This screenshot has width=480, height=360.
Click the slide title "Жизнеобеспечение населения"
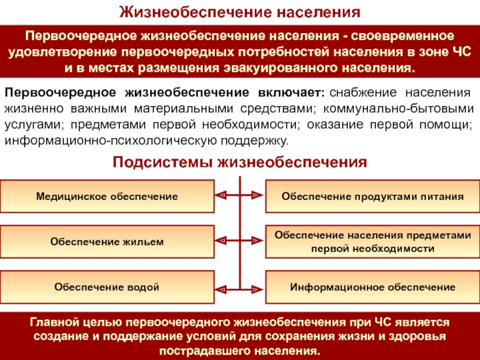pyautogui.click(x=239, y=11)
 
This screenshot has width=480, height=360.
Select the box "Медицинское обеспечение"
pyautogui.click(x=107, y=196)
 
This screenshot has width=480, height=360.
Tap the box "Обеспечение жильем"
pyautogui.click(x=107, y=242)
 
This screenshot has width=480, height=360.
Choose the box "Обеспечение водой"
pyautogui.click(x=107, y=287)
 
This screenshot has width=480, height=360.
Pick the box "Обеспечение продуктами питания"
pyautogui.click(x=373, y=196)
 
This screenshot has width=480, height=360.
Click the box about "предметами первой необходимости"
pyautogui.click(x=373, y=242)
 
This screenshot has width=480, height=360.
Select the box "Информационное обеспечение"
pyautogui.click(x=373, y=287)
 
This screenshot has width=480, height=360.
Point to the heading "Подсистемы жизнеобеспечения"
pyautogui.click(x=239, y=162)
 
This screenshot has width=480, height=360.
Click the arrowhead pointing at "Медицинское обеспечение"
pyautogui.click(x=221, y=196)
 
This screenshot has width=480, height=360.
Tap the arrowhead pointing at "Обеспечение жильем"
pyautogui.click(x=221, y=241)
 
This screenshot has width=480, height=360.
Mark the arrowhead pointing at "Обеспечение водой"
pyautogui.click(x=221, y=287)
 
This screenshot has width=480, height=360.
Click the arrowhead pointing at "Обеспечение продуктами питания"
pyautogui.click(x=258, y=196)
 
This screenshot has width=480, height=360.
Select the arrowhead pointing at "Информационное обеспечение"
pyautogui.click(x=258, y=287)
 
